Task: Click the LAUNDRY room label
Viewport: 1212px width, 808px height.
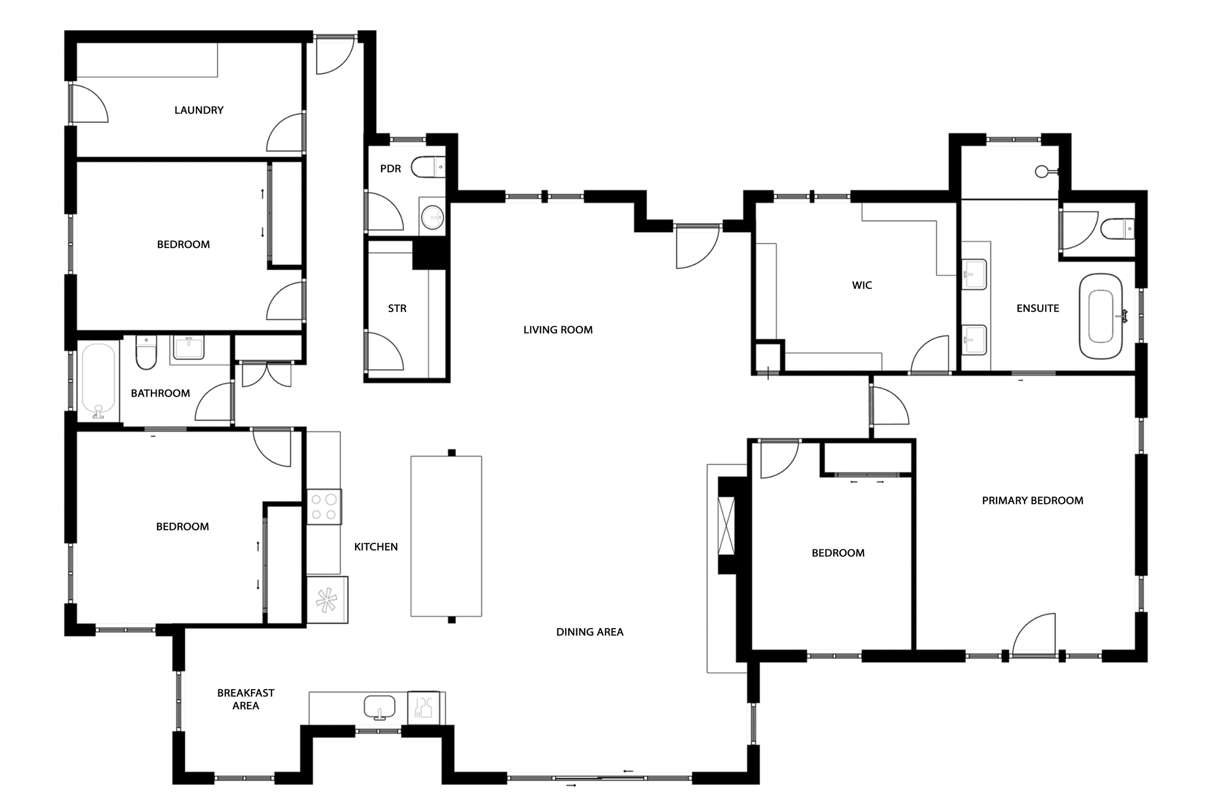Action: coord(199,110)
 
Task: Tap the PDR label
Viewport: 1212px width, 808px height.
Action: coord(391,169)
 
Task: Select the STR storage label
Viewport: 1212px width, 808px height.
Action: coord(397,308)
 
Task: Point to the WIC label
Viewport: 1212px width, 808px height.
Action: coord(862,285)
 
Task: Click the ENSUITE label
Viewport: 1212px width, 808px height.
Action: coord(1037,308)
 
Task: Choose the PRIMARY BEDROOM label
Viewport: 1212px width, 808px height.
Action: coord(1033,501)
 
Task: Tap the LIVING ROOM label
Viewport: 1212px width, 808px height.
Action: coord(558,330)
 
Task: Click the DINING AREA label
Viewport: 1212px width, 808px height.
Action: coord(590,632)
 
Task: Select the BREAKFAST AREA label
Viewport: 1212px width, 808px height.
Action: coord(246,699)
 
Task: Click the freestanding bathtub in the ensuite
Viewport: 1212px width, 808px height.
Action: coord(1101,316)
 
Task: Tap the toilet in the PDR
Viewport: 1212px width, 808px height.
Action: coord(428,167)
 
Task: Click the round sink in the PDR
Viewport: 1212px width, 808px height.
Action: coord(433,217)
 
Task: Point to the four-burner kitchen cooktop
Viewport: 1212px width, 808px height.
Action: coord(324,507)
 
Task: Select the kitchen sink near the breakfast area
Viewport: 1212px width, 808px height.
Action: coord(379,707)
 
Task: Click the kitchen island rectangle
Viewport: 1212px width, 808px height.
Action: coord(446,536)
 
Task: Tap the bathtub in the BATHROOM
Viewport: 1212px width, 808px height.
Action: coord(98,382)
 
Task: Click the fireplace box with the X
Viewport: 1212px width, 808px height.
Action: coord(726,525)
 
